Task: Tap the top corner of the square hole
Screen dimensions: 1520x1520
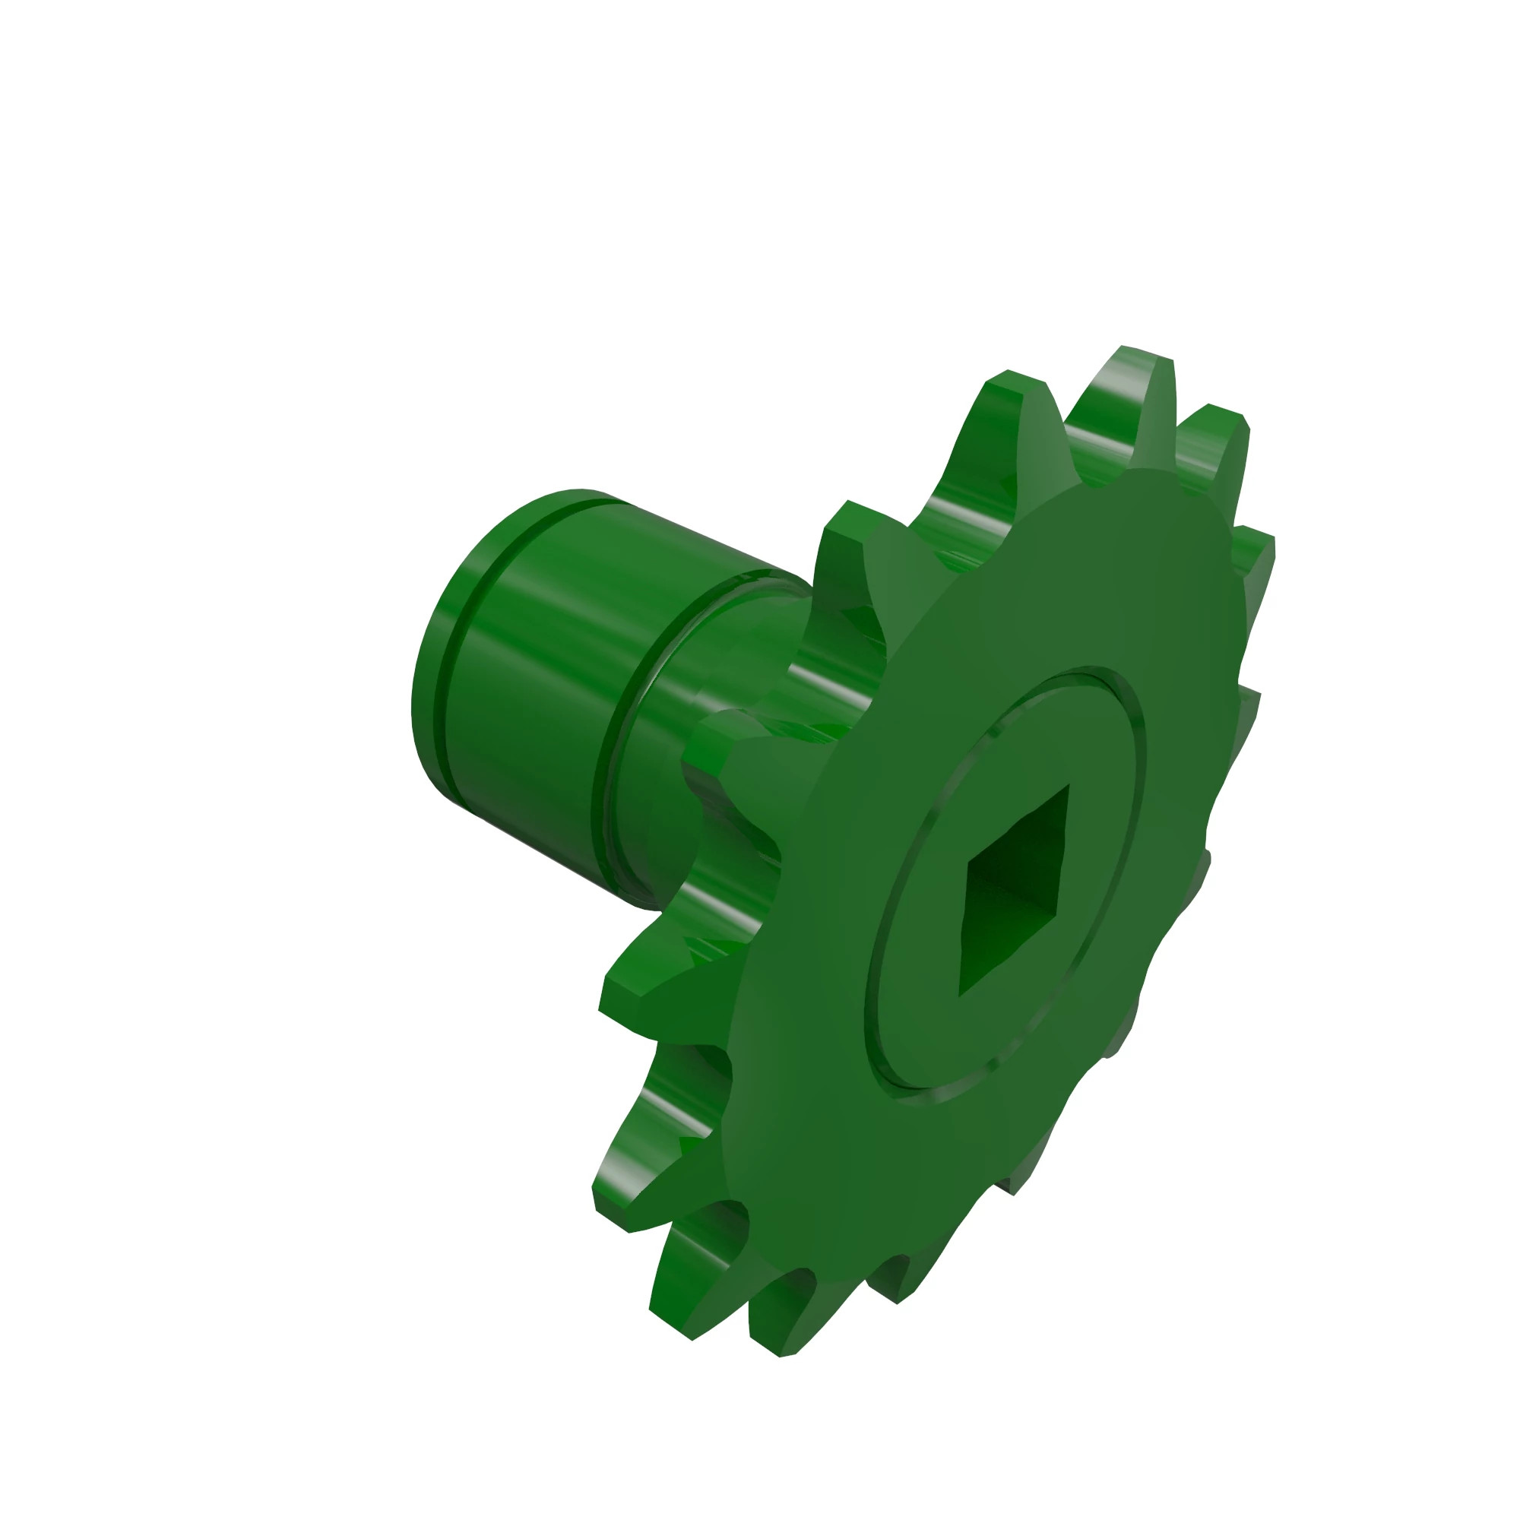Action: point(1068,786)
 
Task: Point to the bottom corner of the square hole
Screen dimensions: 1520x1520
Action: point(959,996)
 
